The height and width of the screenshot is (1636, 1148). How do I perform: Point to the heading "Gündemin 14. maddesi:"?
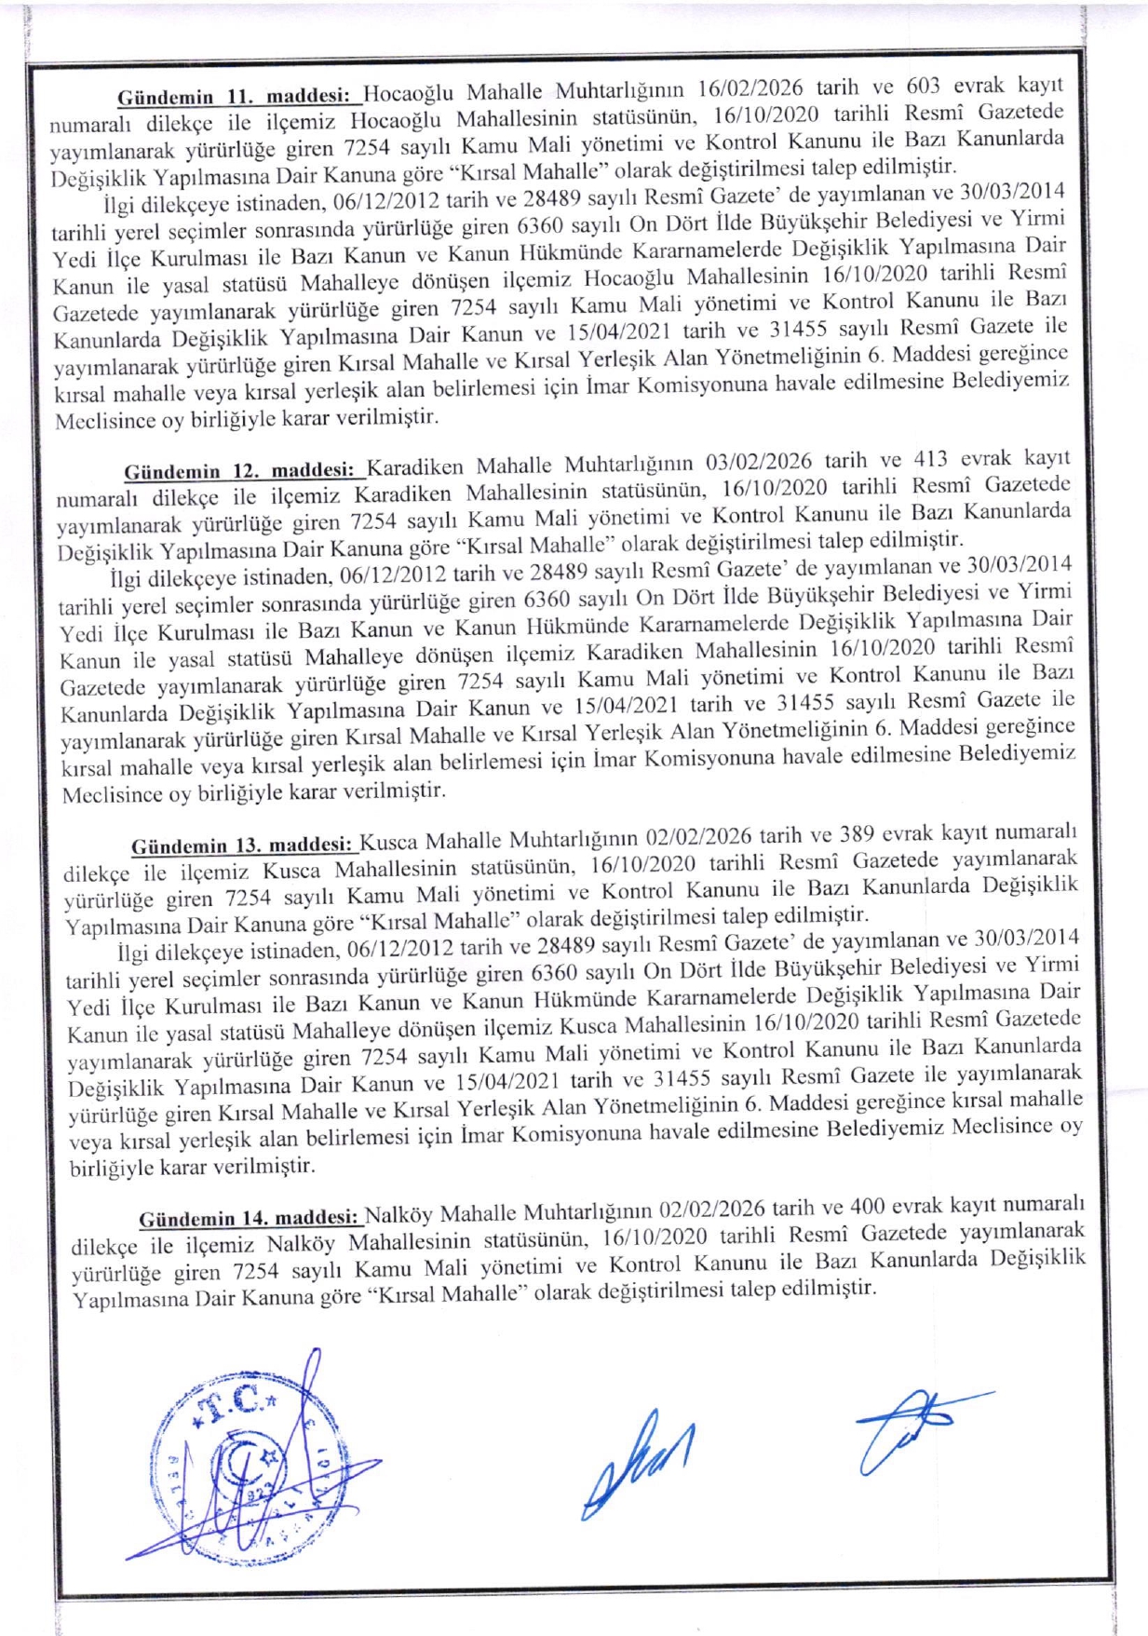point(250,1218)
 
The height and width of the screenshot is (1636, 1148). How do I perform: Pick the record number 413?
point(929,459)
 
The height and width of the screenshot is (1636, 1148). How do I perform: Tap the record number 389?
point(857,833)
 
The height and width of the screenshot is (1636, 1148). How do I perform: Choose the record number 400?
point(867,1207)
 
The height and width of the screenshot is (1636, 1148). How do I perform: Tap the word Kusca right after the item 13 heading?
point(391,842)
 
